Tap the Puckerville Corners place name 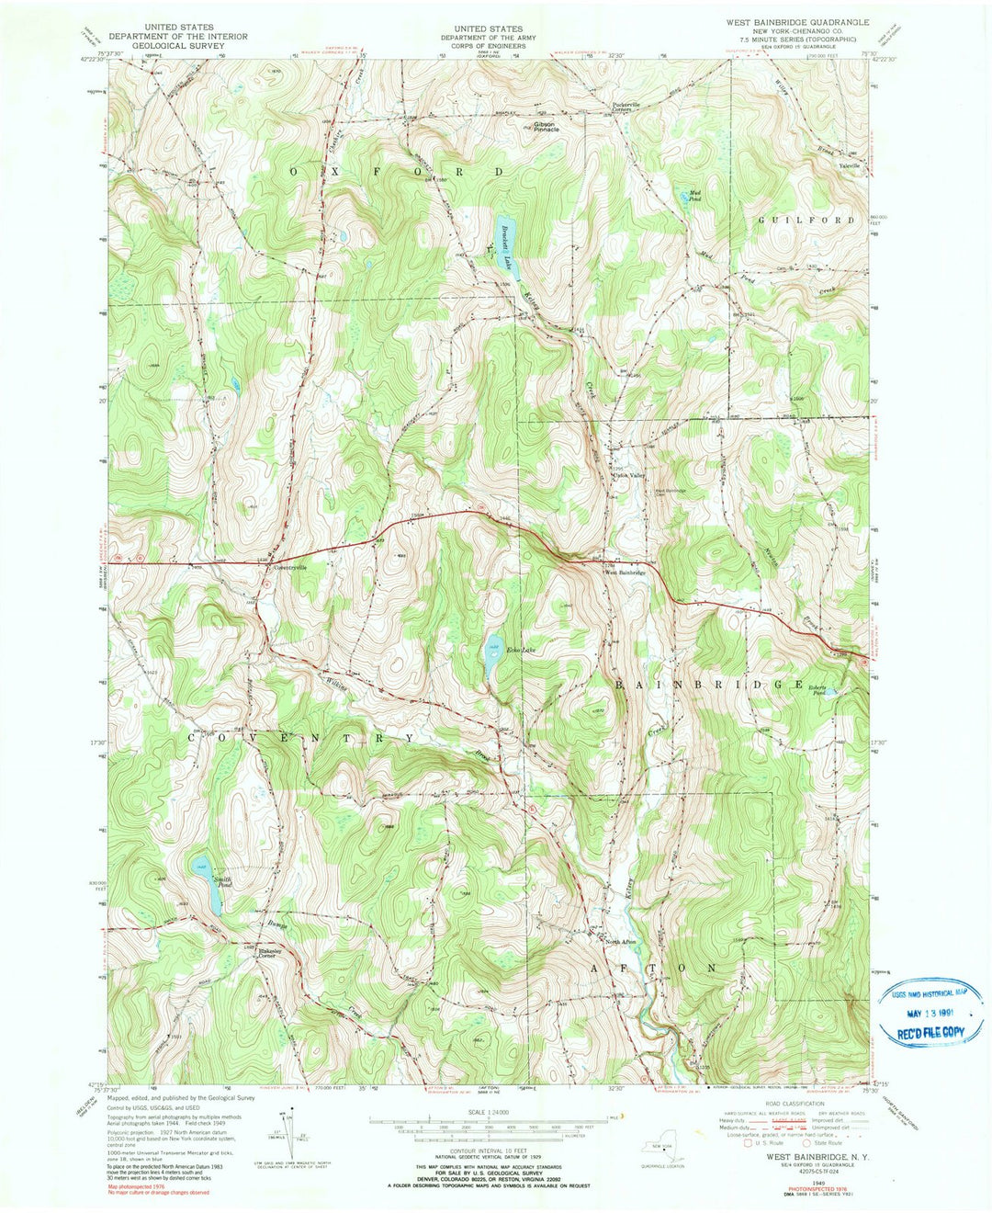click(x=626, y=107)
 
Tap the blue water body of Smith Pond click(x=212, y=890)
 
